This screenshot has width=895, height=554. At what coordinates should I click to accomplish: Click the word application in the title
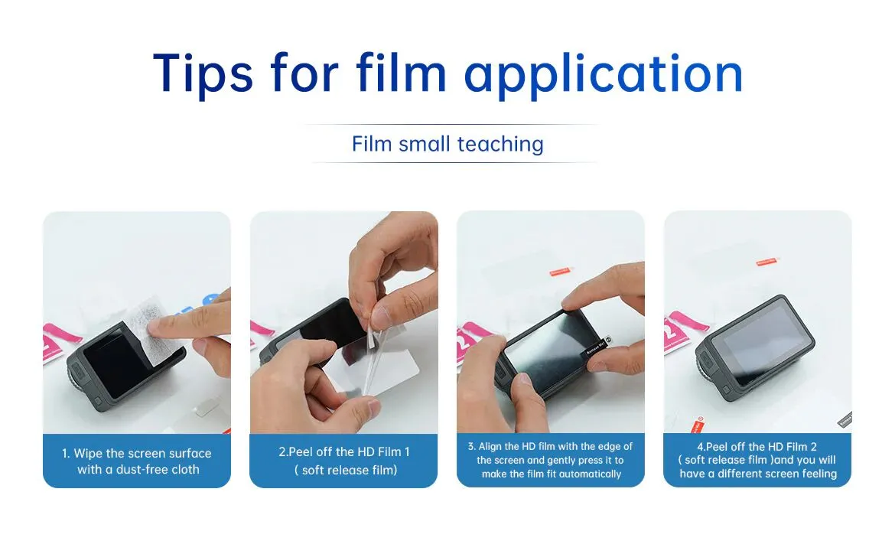pyautogui.click(x=604, y=74)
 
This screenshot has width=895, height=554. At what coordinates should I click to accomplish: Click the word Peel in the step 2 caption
pyautogui.click(x=299, y=452)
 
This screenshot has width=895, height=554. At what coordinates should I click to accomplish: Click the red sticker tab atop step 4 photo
pyautogui.click(x=766, y=261)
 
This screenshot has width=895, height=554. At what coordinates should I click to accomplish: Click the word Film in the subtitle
pyautogui.click(x=372, y=144)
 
